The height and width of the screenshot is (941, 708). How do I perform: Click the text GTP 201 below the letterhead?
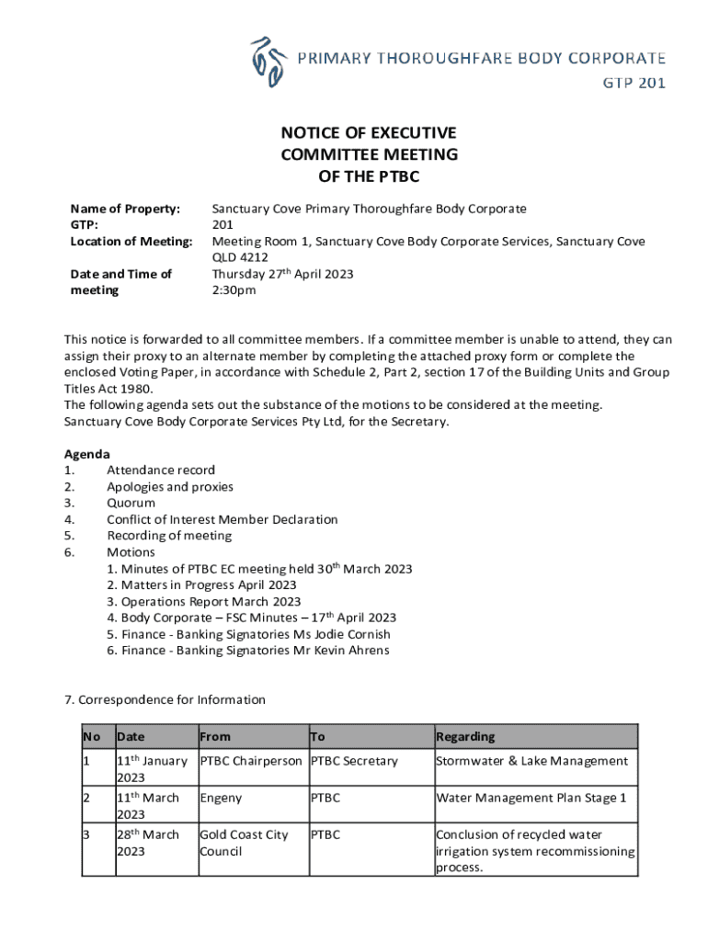tap(634, 84)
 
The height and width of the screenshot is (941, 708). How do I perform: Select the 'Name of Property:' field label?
tap(125, 209)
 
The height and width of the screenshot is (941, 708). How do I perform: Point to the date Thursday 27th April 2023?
tap(282, 274)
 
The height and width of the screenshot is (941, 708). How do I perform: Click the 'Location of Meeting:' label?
tap(131, 242)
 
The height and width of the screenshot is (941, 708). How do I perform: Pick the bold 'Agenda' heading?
tap(86, 454)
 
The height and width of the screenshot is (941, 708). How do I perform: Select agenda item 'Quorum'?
tap(131, 504)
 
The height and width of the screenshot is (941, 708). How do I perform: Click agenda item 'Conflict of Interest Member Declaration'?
tap(222, 520)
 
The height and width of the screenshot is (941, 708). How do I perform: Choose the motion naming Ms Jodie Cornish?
tap(248, 635)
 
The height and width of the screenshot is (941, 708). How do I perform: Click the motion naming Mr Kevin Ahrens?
tap(247, 652)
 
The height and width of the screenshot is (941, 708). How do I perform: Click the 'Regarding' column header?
tap(465, 736)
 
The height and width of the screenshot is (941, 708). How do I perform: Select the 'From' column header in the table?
tap(215, 736)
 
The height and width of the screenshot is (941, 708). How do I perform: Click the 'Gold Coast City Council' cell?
tap(244, 844)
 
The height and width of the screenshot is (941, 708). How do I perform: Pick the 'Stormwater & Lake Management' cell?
tap(531, 761)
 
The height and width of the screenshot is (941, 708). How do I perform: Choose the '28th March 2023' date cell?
tap(149, 844)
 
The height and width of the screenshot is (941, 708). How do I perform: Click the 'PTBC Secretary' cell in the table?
tap(354, 761)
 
